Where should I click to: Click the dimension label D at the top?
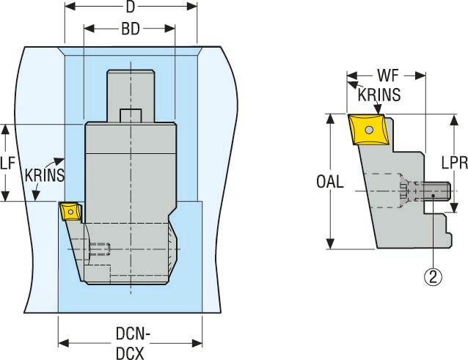(131, 8)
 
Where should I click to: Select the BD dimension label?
(130, 30)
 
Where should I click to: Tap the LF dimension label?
(7, 164)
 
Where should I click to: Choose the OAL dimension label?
(330, 181)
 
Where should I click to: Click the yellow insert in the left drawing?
(69, 211)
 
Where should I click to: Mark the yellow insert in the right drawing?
(370, 131)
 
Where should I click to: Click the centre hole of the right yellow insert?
(370, 130)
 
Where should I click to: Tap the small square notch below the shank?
(131, 115)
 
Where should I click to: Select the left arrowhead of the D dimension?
(68, 7)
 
